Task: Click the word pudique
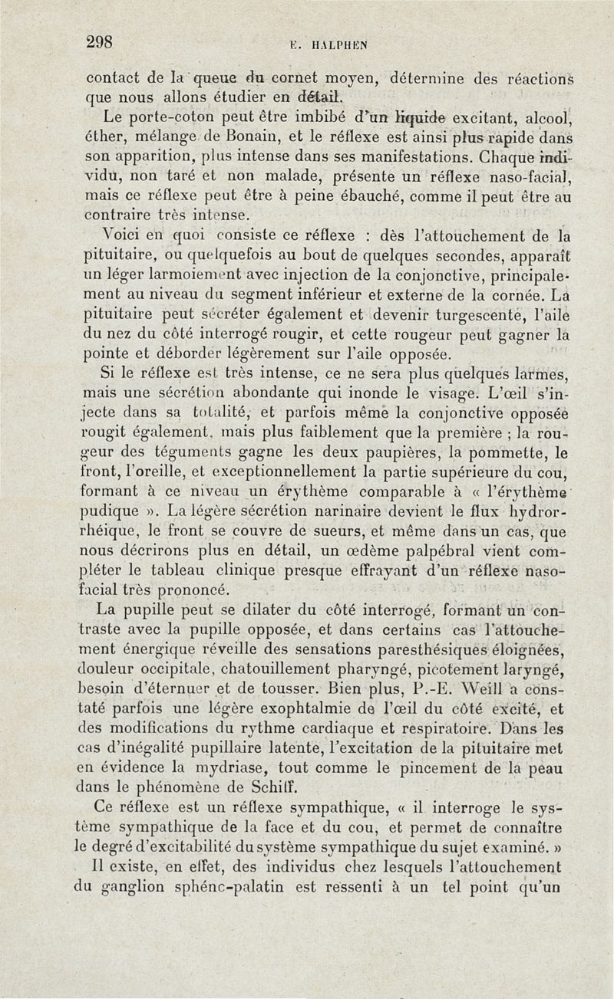point(110,511)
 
